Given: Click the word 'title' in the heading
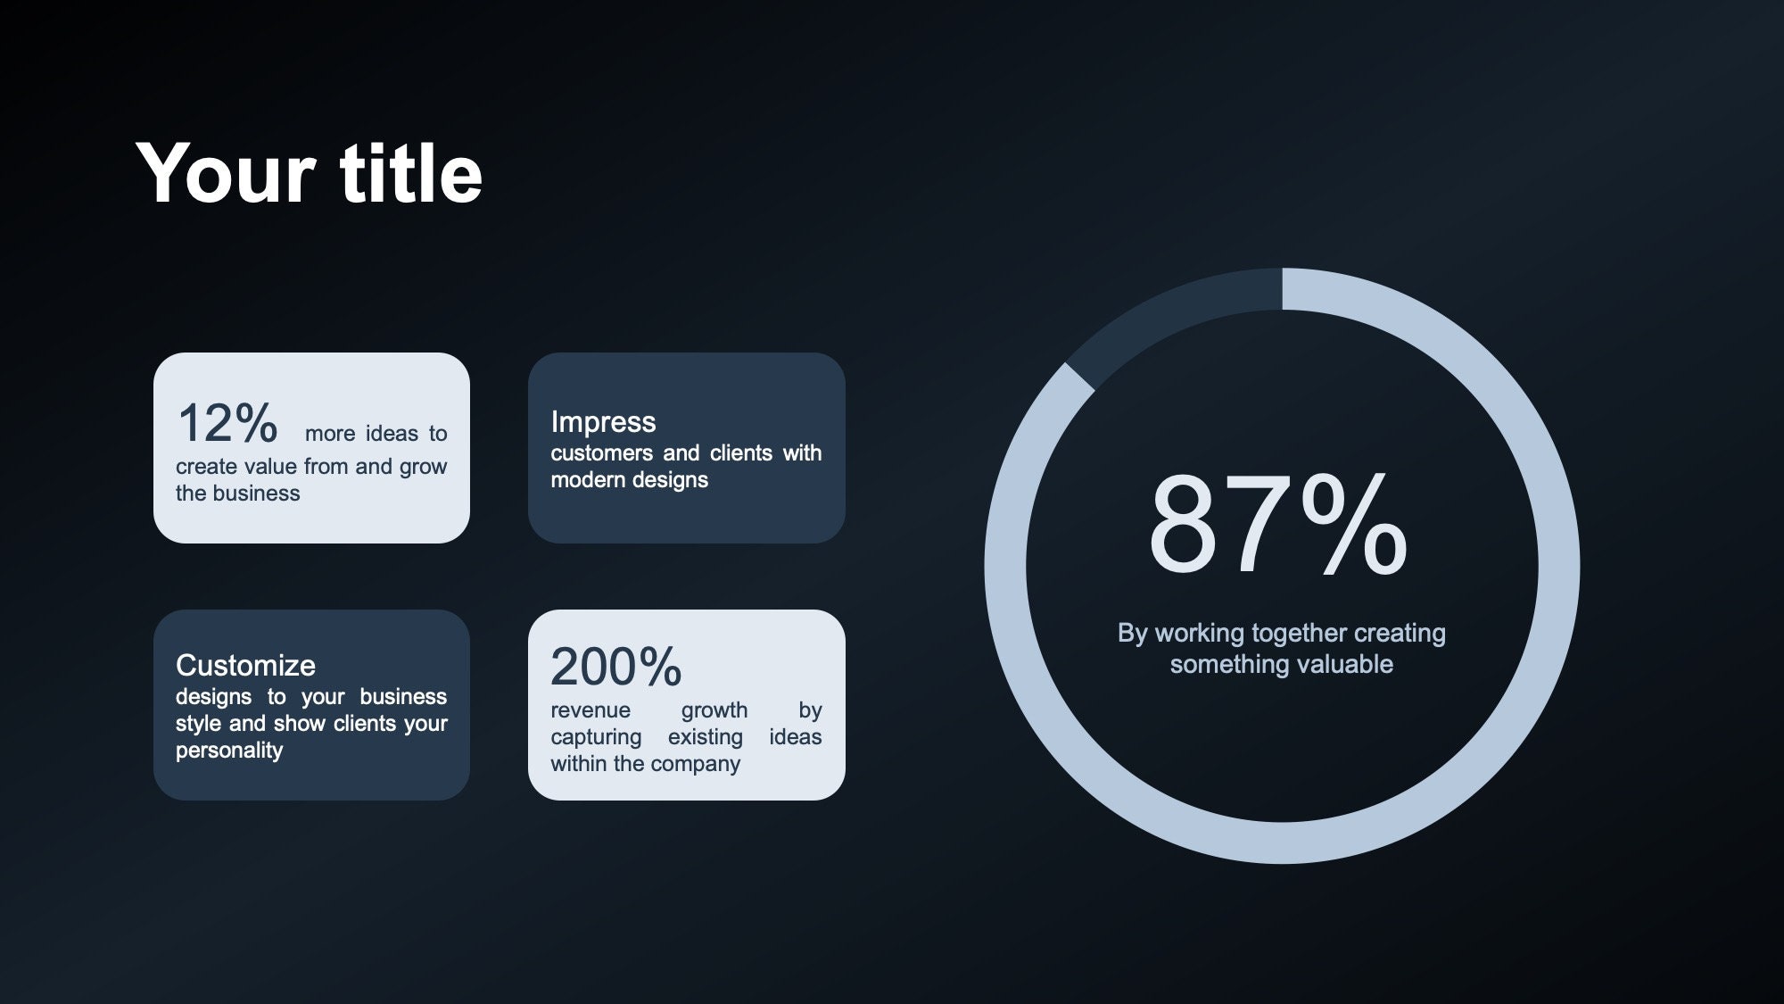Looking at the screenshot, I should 411,173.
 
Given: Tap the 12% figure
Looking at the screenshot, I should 227,423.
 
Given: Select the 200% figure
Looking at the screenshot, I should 615,667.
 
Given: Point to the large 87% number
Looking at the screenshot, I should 1277,526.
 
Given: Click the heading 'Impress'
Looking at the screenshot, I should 603,421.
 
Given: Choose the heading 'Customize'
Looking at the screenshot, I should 245,665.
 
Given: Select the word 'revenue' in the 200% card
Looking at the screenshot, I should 591,710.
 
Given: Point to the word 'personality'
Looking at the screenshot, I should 229,751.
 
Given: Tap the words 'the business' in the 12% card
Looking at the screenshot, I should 237,494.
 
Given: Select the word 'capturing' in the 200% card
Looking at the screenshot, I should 596,737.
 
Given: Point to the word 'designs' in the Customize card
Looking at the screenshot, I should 213,697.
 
